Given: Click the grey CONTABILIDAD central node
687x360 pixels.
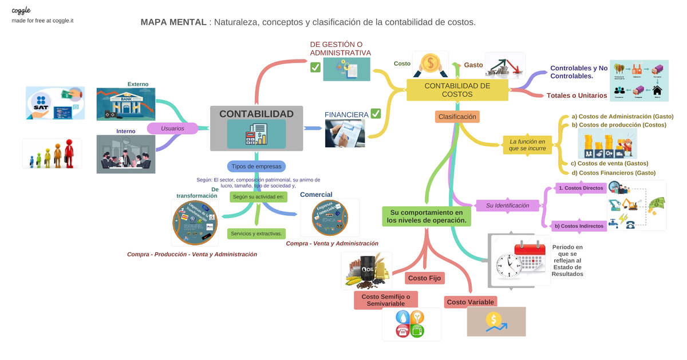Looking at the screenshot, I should (256, 128).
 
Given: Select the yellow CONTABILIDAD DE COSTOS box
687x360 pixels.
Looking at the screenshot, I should (457, 90).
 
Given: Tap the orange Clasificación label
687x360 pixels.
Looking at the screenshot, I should (457, 117).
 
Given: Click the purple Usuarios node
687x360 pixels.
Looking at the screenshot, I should (172, 129).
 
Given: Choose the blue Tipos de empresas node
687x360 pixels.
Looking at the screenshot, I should (256, 167).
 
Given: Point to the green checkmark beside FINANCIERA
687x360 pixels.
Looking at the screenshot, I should (376, 114).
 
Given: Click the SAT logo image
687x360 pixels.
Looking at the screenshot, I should (55, 103).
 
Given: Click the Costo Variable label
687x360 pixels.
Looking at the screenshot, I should (470, 302).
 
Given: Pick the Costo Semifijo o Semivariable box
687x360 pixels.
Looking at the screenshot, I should (386, 299).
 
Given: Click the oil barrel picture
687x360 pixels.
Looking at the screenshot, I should (366, 270).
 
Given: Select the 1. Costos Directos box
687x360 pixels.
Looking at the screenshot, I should (581, 188).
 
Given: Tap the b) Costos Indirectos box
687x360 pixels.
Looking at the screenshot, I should (579, 226).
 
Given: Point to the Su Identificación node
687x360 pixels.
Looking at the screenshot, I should (507, 205).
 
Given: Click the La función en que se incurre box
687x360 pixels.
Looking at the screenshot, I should (527, 145).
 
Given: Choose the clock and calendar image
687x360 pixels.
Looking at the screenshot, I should (520, 261).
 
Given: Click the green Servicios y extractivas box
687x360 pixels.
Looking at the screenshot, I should (256, 234).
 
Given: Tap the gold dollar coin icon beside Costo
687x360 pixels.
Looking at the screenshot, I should (431, 62).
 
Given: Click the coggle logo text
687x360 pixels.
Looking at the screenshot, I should (21, 10).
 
